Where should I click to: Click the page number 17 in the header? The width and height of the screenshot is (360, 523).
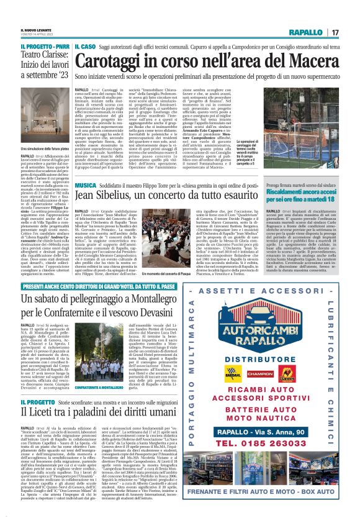[335, 32]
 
